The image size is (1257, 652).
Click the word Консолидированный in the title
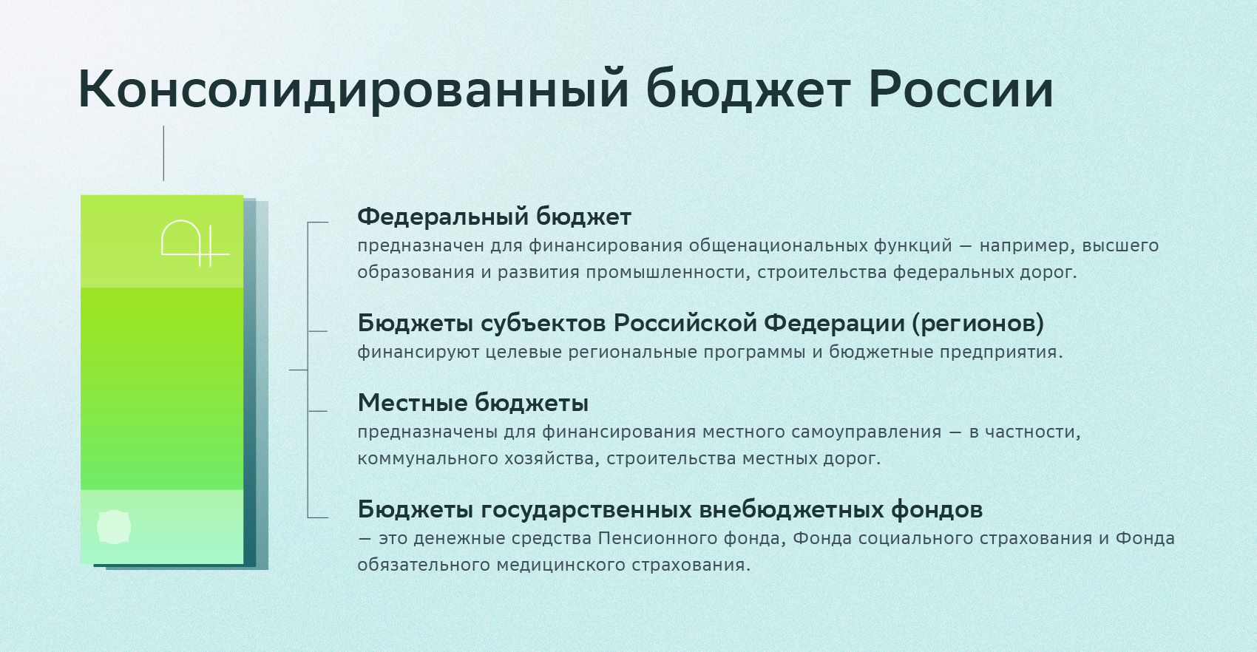(353, 89)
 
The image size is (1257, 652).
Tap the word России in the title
(960, 89)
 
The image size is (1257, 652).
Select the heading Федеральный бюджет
(495, 217)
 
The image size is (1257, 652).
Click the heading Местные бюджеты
(473, 403)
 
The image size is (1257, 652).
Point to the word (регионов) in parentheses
(978, 324)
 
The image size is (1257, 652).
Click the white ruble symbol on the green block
(195, 243)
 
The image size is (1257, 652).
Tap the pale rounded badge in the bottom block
(114, 527)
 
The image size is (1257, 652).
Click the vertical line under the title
(164, 153)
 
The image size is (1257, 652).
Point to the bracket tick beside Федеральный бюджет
(318, 223)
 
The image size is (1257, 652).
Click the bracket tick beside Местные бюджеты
(318, 411)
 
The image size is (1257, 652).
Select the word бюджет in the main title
(748, 89)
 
